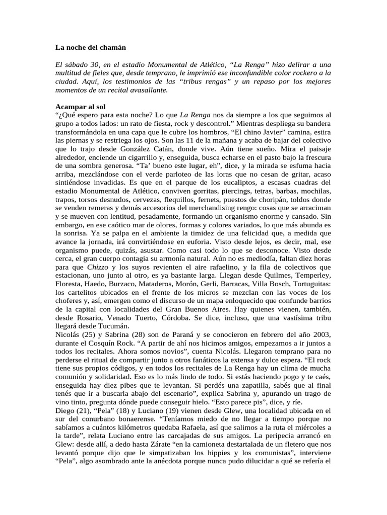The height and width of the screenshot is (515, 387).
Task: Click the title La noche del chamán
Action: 90,48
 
